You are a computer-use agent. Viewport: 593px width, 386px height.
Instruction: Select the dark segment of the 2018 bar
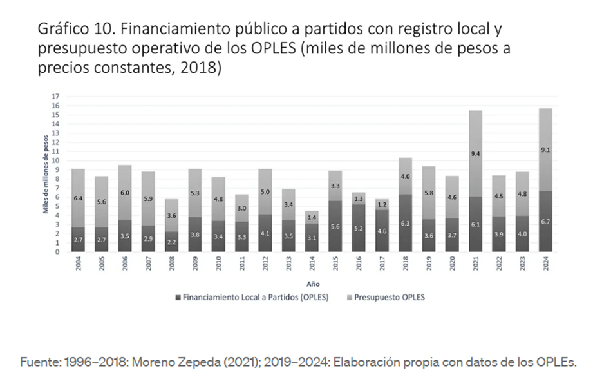[405, 223]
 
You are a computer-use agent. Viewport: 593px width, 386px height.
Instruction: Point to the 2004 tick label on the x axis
[77, 266]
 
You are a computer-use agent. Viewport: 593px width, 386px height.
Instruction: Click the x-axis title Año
[312, 283]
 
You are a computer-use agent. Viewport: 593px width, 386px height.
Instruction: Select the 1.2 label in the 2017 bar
[382, 204]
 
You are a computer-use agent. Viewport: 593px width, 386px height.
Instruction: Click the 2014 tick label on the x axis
[312, 266]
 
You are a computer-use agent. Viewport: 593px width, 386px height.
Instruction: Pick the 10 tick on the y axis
[56, 160]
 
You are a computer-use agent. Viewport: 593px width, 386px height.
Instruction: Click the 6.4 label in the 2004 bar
[77, 198]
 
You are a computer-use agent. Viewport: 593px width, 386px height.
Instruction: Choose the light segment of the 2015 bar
[335, 186]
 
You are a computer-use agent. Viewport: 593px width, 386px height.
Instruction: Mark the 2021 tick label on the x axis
[475, 266]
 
